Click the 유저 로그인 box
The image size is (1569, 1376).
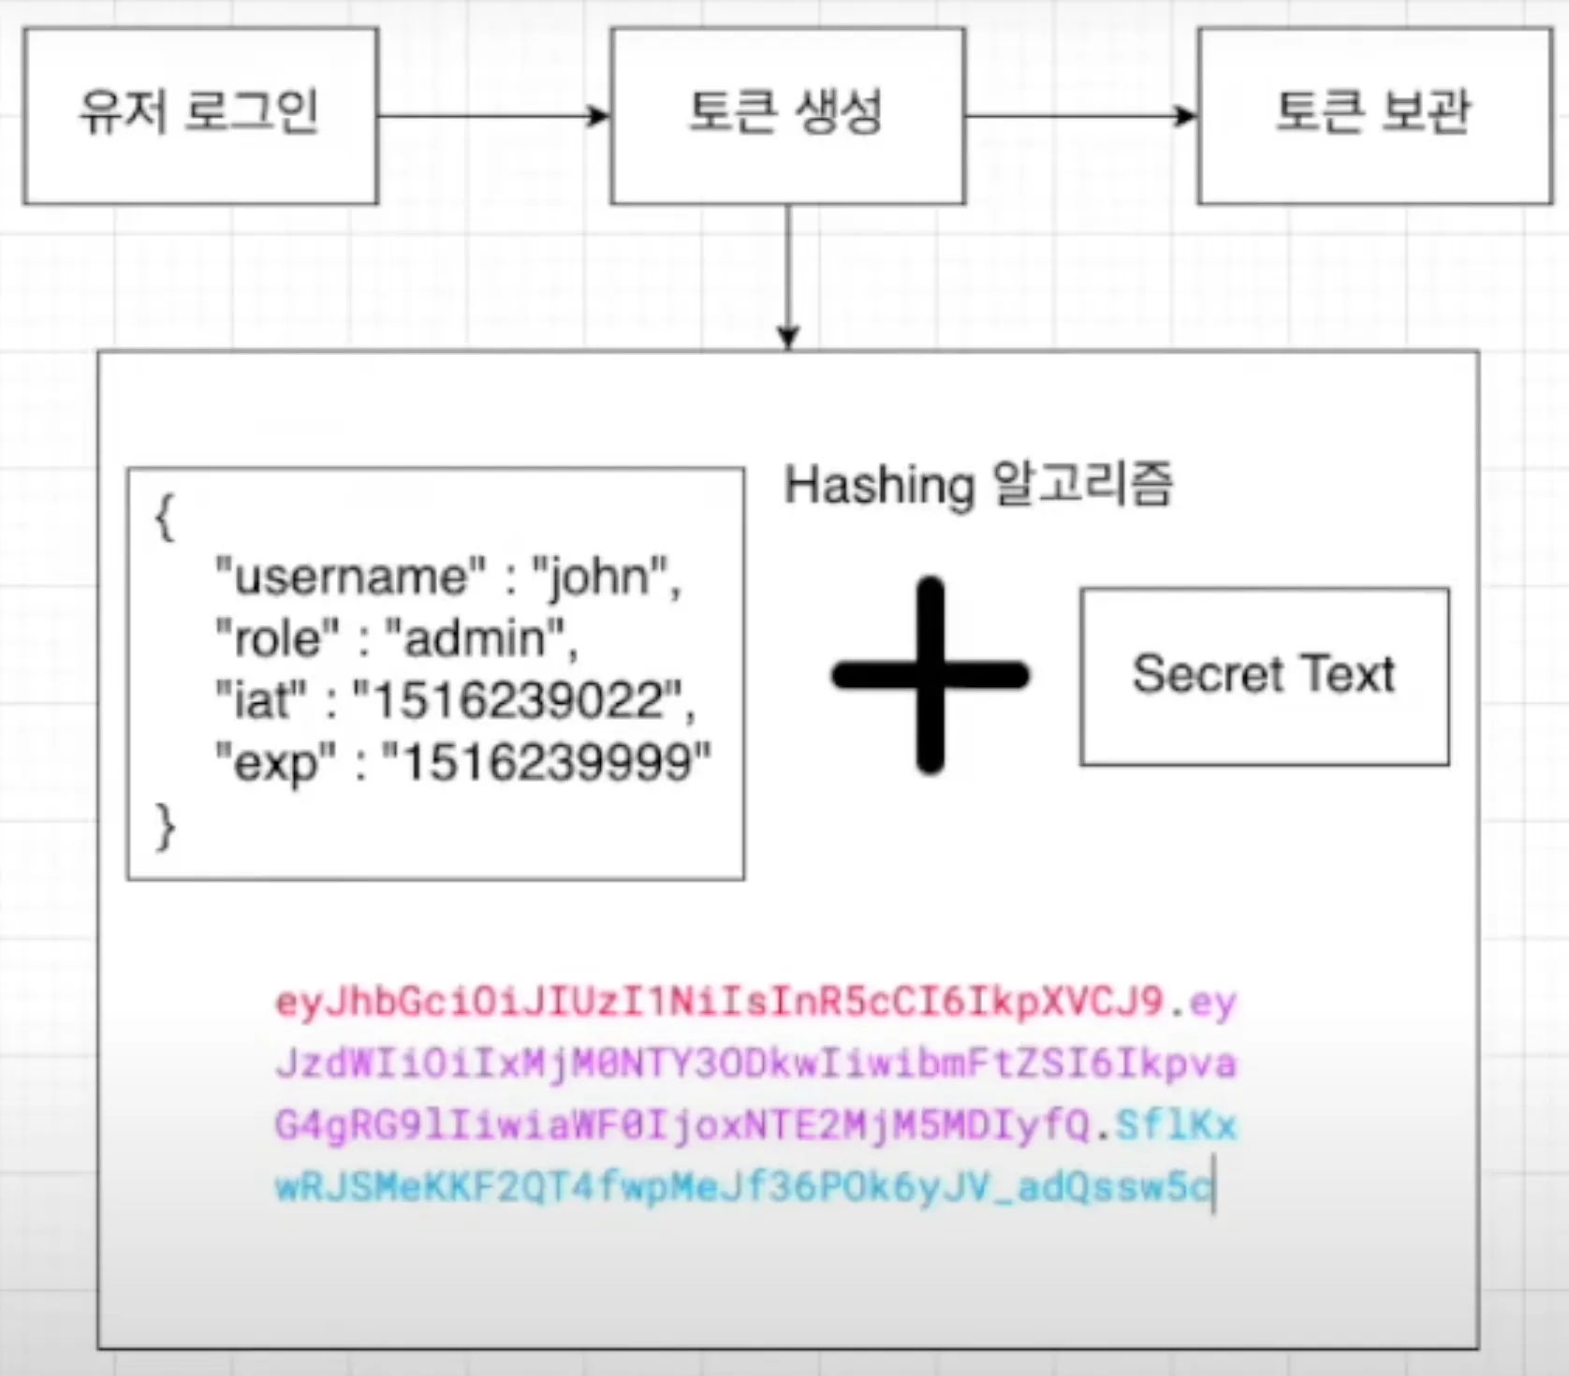200,115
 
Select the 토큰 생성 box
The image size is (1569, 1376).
787,115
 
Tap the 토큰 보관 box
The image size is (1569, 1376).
1374,115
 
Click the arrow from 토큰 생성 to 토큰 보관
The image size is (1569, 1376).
1080,116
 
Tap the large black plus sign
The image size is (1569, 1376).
931,675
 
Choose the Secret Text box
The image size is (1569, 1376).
1264,676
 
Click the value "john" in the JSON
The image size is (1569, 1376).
599,577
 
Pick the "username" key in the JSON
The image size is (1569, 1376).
351,577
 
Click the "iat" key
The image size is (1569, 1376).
261,701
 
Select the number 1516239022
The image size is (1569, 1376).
514,701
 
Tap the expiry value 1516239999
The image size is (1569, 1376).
547,763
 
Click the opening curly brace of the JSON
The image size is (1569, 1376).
165,517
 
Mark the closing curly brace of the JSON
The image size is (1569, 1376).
165,827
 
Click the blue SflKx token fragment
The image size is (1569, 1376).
1176,1125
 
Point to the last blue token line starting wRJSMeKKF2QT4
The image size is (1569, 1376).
743,1187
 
